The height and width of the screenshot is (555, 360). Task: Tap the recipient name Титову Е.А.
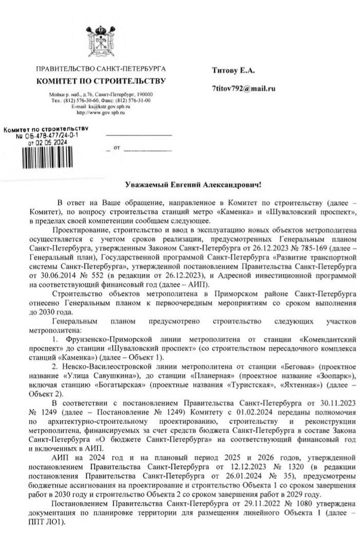(234, 69)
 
